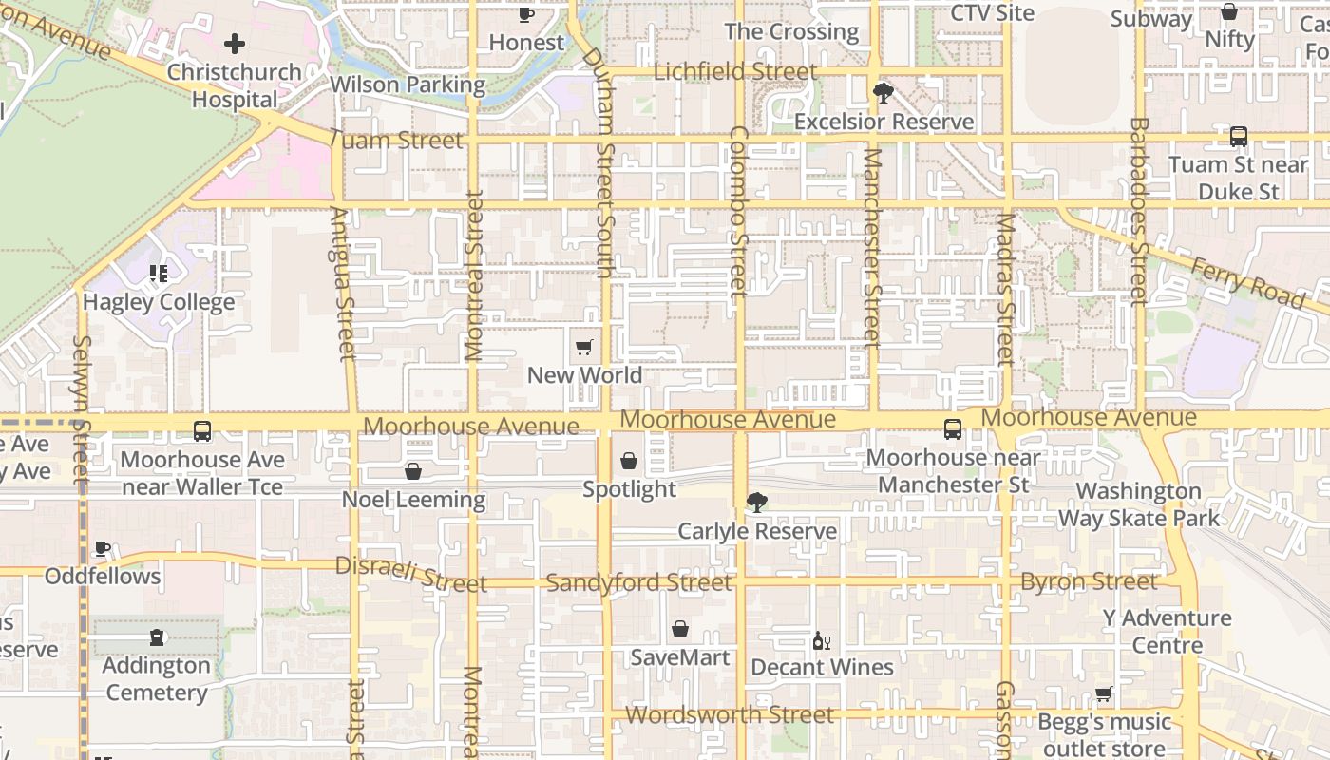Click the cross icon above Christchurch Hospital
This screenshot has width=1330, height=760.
coord(235,44)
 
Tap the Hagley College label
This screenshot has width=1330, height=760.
coord(159,302)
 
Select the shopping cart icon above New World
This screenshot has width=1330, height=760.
coord(584,348)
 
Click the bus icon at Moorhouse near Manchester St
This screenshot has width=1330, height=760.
coord(953,429)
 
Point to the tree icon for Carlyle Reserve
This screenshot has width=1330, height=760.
coord(757,503)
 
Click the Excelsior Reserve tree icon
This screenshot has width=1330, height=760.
coord(883,93)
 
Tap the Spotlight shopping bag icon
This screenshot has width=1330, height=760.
coord(629,462)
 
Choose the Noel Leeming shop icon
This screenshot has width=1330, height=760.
coord(413,471)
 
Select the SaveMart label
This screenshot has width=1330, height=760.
coord(680,657)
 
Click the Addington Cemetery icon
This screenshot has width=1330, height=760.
coord(157,637)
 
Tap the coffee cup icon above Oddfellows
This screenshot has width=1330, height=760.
coord(103,549)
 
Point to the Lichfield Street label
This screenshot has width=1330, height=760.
coord(735,72)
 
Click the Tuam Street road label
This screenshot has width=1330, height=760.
coord(396,140)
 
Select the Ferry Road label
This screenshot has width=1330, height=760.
coord(1246,282)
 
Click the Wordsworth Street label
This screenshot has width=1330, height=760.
coord(730,714)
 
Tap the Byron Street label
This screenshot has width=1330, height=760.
coord(1089,581)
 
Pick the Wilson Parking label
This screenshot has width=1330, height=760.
coord(408,85)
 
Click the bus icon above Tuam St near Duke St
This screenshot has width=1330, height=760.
coord(1239,137)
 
